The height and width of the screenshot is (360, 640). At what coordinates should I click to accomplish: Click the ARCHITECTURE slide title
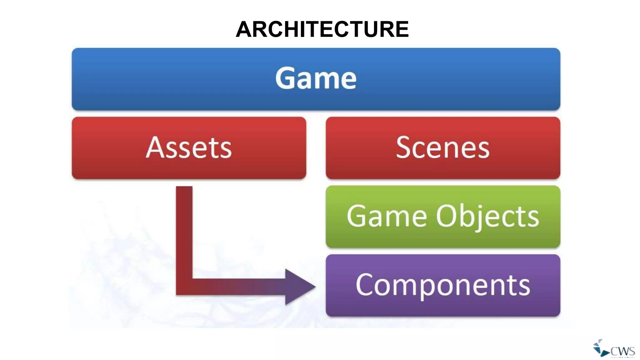[x=322, y=29]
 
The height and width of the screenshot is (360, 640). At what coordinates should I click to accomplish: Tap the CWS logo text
[x=622, y=351]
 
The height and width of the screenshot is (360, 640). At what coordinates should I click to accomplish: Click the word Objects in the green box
[x=487, y=217]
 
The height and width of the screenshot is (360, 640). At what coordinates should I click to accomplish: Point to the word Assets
[x=189, y=147]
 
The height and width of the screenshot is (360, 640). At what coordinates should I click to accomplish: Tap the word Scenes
[x=442, y=147]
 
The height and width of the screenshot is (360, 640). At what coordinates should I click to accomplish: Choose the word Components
[x=442, y=285]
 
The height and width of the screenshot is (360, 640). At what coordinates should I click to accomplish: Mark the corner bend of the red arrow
[x=184, y=287]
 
